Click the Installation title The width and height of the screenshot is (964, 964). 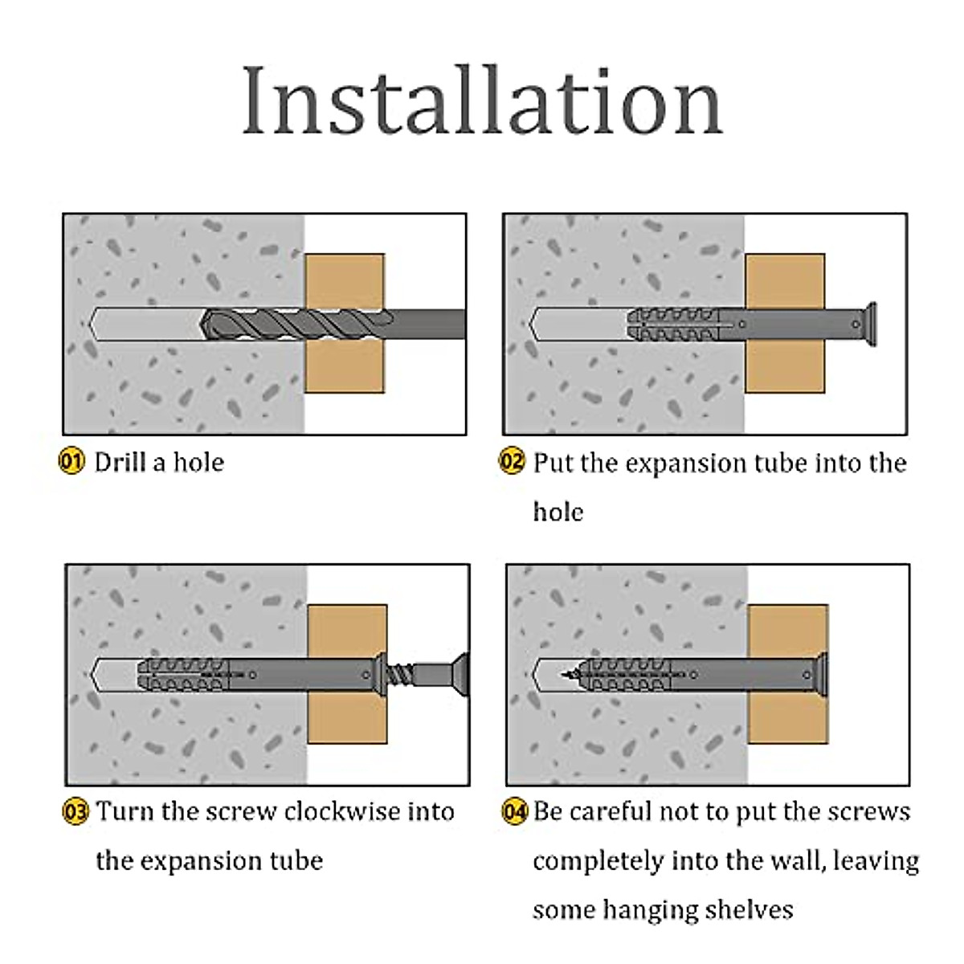coord(482,100)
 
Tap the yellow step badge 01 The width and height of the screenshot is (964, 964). coord(71,462)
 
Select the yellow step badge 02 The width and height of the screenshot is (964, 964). coord(512,462)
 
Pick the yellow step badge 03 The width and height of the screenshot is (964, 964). coord(75,811)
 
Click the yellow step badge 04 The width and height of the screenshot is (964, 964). coord(514,811)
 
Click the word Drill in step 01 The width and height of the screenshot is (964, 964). coord(121,462)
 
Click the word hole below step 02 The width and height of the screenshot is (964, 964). coord(558,512)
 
